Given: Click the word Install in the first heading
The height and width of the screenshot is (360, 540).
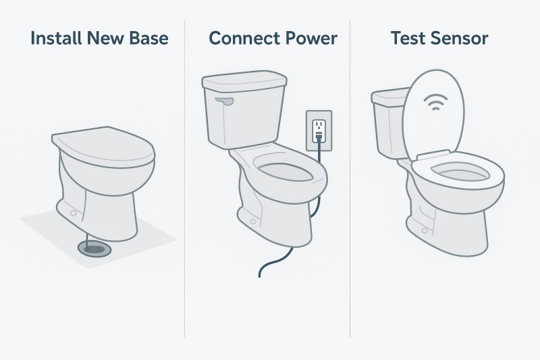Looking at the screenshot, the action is [x=56, y=38].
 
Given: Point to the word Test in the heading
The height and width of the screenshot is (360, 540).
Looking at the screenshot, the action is [x=406, y=38].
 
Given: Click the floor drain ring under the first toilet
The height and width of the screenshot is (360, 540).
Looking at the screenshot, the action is [x=94, y=249].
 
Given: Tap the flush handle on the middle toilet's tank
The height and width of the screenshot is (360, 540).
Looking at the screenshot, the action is [x=224, y=101].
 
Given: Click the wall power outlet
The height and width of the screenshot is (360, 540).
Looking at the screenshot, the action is [x=319, y=130].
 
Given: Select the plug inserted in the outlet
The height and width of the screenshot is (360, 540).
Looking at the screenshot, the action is [x=319, y=135].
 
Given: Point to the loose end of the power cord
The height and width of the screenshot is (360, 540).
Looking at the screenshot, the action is [x=260, y=276].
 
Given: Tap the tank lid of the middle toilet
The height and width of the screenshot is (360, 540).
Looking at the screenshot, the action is [x=244, y=81].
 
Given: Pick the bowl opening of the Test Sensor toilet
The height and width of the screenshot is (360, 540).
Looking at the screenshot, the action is [x=460, y=172].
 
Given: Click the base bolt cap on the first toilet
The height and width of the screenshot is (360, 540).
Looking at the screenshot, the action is [x=74, y=213].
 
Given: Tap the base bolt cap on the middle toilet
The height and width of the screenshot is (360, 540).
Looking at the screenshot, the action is [x=254, y=221].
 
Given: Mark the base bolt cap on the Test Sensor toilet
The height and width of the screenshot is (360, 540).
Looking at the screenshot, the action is [x=425, y=230].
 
